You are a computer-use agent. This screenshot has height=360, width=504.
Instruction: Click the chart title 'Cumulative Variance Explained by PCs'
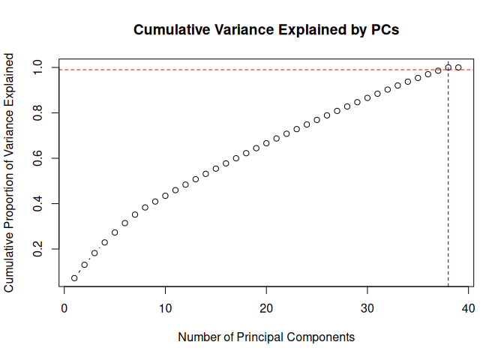(266, 31)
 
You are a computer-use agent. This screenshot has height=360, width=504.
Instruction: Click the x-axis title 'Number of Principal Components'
(266, 337)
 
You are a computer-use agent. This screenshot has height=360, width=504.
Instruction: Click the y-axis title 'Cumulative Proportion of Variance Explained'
(10, 172)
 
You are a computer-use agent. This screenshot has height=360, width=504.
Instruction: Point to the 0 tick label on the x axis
(64, 308)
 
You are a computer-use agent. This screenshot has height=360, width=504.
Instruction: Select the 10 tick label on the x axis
(165, 308)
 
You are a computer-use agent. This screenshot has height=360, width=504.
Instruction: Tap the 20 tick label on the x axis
(266, 308)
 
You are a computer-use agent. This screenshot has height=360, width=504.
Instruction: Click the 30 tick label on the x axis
(367, 308)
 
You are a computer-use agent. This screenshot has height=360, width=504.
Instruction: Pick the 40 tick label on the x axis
(468, 308)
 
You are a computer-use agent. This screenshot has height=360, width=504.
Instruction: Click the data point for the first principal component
(74, 278)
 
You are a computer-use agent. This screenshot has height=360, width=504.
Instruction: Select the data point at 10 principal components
(165, 196)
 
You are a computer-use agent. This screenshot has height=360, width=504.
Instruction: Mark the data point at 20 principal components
(266, 143)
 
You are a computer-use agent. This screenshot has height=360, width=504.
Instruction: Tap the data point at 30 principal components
(367, 97)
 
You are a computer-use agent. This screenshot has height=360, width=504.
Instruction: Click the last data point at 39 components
(458, 67)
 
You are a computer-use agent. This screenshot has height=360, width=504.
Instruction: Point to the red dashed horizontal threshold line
(225, 70)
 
